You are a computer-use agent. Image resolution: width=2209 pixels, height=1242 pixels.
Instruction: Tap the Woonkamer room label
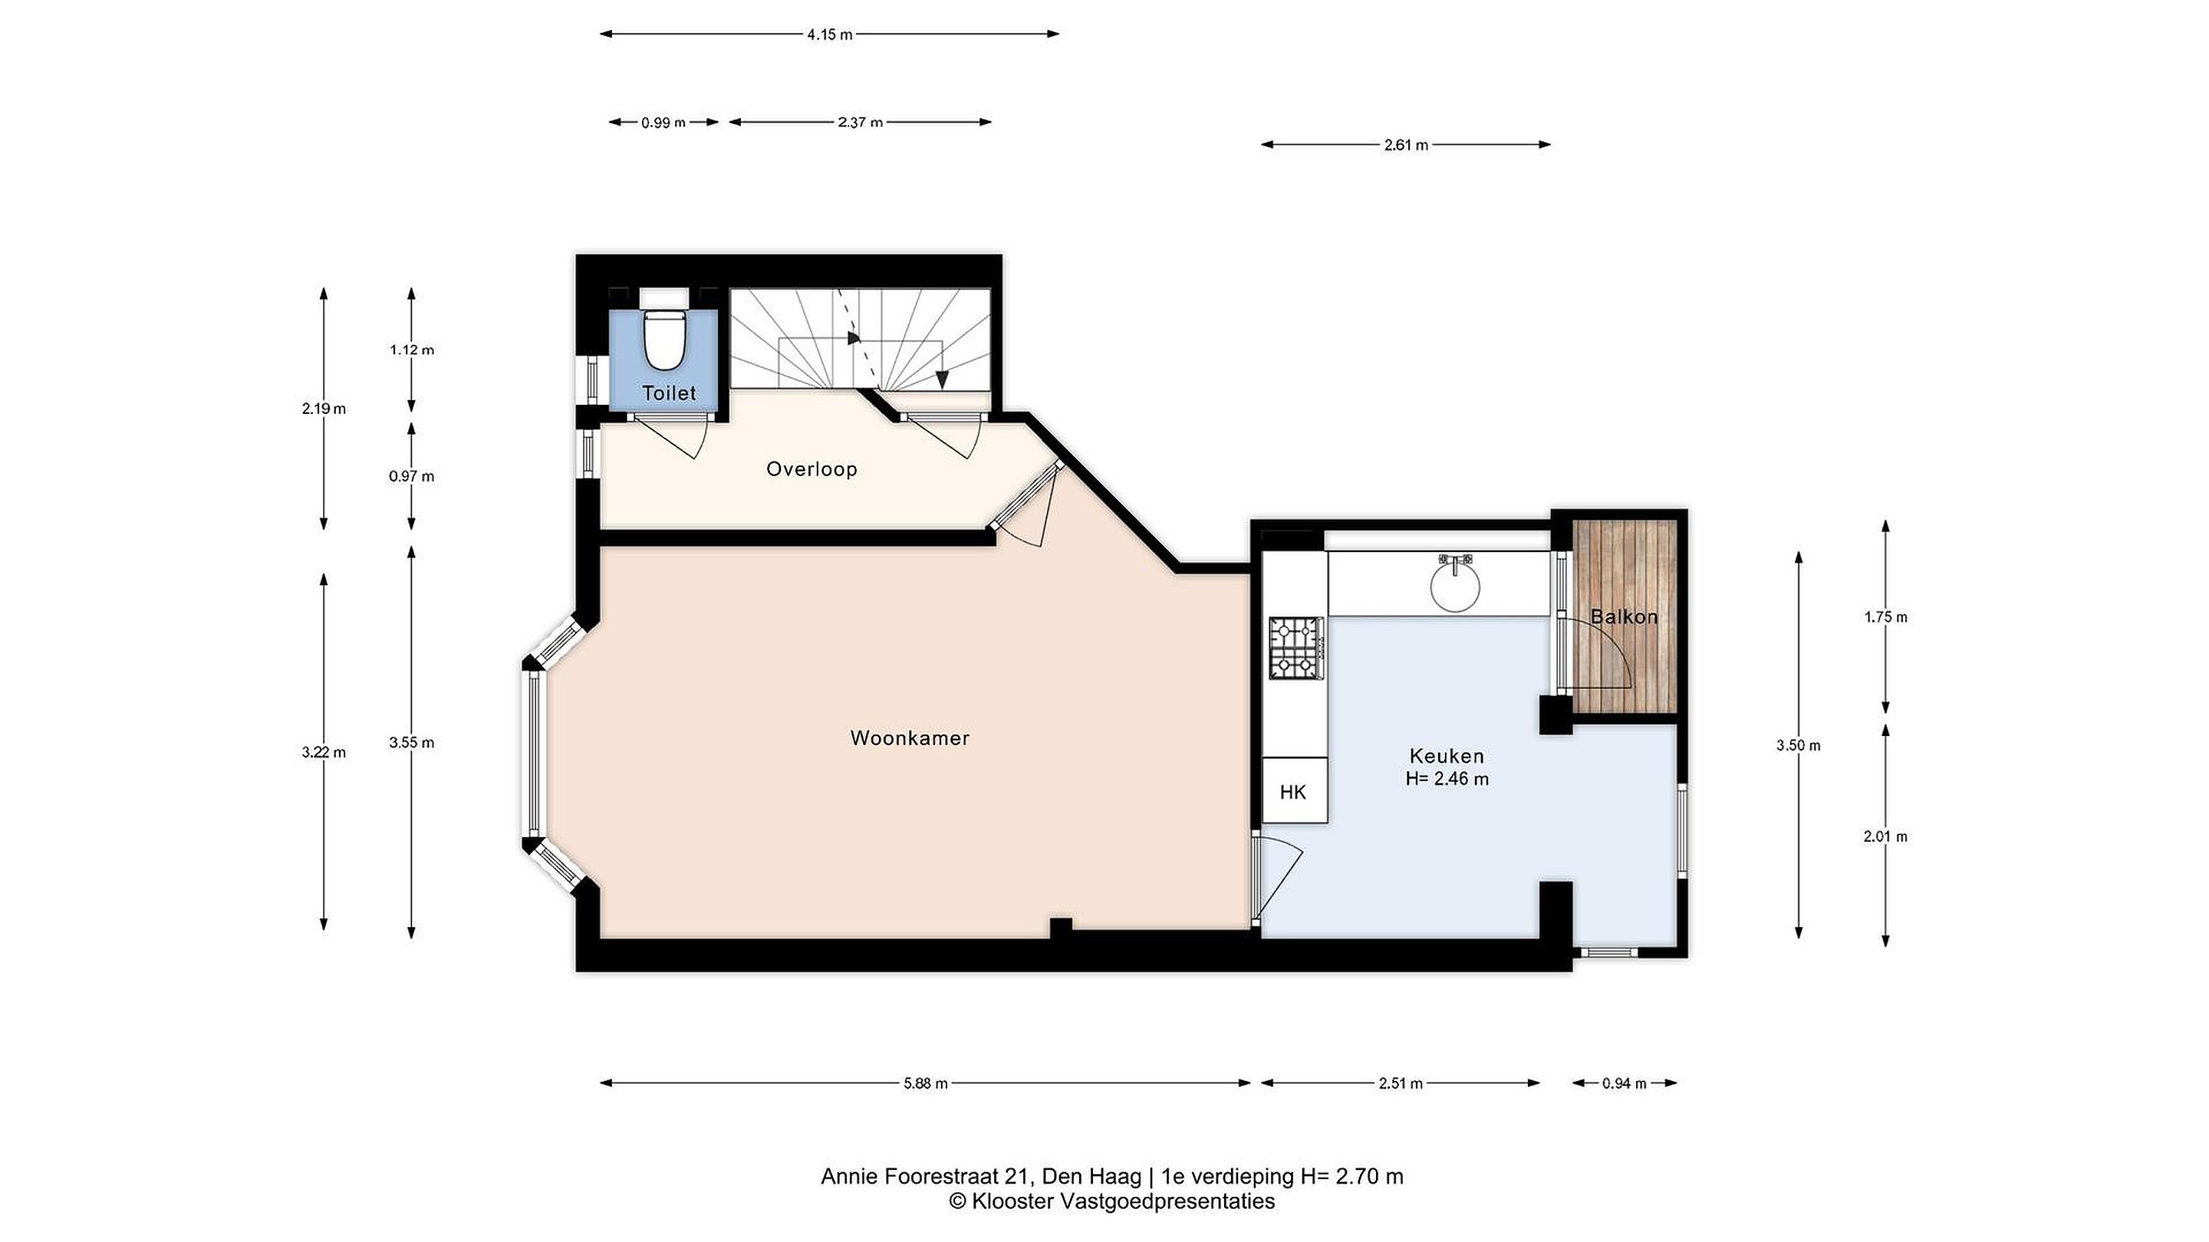pyautogui.click(x=910, y=738)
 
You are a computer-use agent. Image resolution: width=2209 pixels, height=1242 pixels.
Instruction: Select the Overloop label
pyautogui.click(x=812, y=469)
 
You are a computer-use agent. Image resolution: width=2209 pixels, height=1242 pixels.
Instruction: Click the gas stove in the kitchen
pyautogui.click(x=1296, y=648)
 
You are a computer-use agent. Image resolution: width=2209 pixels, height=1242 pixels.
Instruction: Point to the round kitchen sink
pyautogui.click(x=1455, y=584)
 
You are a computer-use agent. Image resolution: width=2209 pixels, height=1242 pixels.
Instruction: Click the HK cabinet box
pyautogui.click(x=1295, y=791)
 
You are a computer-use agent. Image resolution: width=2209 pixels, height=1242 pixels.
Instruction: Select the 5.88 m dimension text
pyautogui.click(x=925, y=1083)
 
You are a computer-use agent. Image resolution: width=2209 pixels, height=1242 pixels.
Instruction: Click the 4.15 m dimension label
pyautogui.click(x=829, y=35)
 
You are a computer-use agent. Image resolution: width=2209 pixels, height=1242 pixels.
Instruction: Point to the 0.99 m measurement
pyautogui.click(x=663, y=123)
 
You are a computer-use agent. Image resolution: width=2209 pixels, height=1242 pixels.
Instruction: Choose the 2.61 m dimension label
pyautogui.click(x=1407, y=146)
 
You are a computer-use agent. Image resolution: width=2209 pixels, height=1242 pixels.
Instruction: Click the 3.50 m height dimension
pyautogui.click(x=1798, y=746)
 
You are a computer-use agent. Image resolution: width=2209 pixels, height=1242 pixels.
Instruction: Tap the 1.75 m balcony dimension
pyautogui.click(x=1886, y=617)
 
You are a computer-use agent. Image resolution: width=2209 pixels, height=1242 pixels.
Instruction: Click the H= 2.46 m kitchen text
pyautogui.click(x=1447, y=779)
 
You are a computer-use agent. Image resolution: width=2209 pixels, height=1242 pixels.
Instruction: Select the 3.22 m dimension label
pyautogui.click(x=323, y=753)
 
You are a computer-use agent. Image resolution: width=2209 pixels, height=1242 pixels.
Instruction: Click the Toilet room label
pyautogui.click(x=669, y=393)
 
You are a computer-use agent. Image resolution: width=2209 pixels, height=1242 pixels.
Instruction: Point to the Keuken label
pyautogui.click(x=1447, y=756)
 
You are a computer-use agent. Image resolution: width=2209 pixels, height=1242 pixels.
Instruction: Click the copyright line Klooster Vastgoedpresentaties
pyautogui.click(x=1111, y=1201)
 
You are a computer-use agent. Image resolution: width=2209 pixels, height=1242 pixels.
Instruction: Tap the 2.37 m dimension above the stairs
pyautogui.click(x=860, y=123)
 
